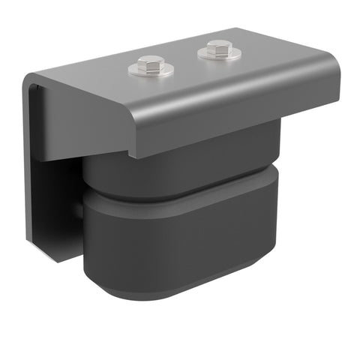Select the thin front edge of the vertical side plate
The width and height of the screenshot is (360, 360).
27,165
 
